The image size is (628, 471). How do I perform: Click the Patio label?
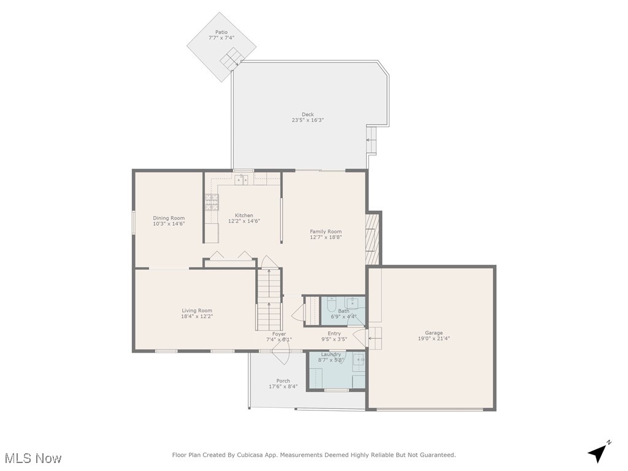221,32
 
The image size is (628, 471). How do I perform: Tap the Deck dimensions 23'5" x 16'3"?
308,120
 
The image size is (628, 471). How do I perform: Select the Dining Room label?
169,218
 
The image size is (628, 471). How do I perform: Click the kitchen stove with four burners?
212,202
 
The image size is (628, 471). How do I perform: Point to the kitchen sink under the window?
241,180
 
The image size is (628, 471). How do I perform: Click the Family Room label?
326,231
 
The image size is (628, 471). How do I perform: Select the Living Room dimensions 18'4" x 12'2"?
197,316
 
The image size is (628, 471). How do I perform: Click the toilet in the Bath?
331,305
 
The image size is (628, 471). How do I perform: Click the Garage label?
434,333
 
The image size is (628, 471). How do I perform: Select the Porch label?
283,381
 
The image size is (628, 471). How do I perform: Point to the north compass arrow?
599,452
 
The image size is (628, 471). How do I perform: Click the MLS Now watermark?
33,458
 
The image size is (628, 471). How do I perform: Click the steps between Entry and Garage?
374,339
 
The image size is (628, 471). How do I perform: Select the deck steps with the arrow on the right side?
372,140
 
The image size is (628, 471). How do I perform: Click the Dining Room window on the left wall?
134,222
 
